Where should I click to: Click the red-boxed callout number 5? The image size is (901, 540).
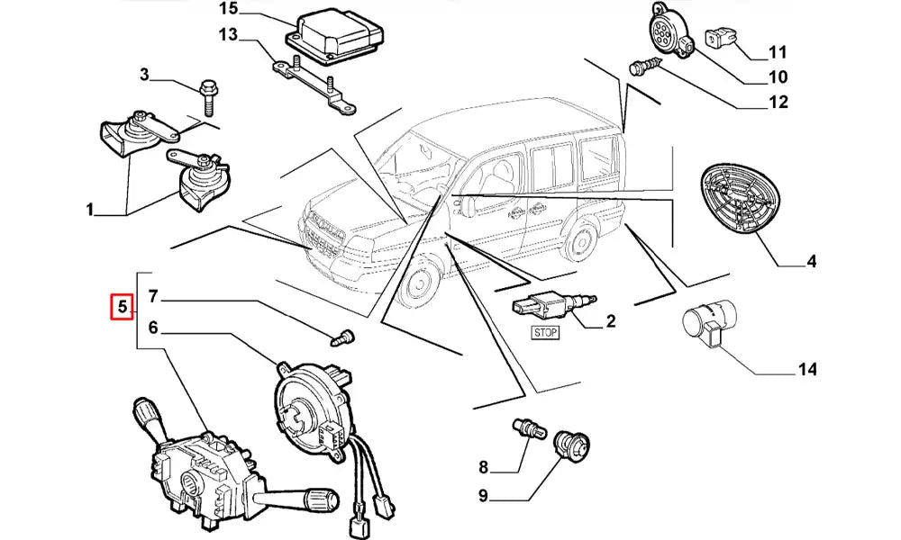point(121,308)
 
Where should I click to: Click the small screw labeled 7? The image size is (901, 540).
point(341,339)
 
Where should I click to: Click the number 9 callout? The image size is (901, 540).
point(483,495)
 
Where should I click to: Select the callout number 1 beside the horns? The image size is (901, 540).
point(90,211)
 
